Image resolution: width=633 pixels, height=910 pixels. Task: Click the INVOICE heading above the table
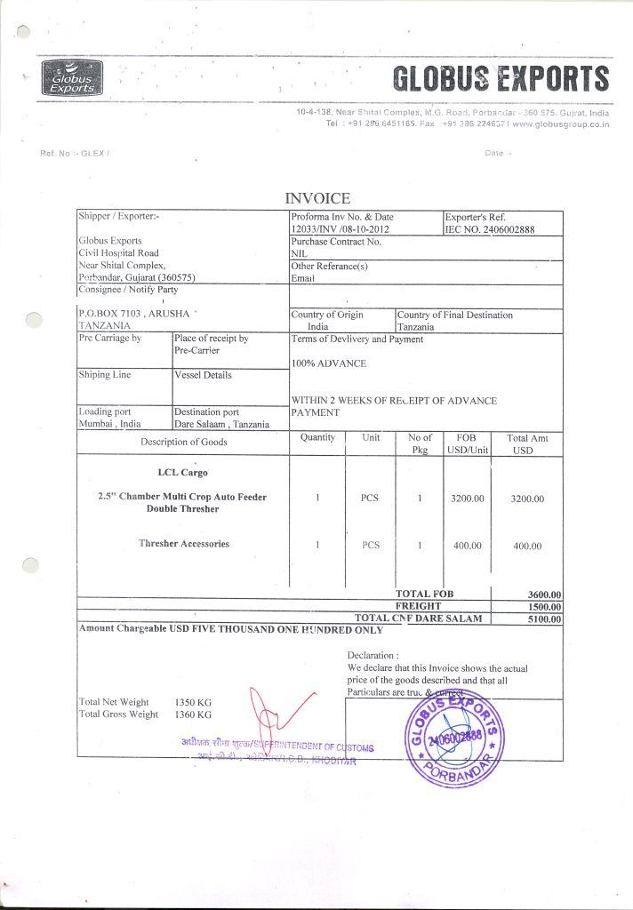coord(316,198)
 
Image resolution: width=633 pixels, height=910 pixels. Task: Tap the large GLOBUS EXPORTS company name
coord(501,79)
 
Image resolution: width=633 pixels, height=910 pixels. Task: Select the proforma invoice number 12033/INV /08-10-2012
coord(340,229)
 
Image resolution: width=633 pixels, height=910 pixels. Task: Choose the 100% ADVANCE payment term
coord(329,363)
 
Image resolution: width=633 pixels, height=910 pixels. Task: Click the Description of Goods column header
coord(183,442)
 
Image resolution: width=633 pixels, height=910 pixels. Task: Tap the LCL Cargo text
coord(182,473)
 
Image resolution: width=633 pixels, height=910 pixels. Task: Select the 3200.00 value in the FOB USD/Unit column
coord(467,499)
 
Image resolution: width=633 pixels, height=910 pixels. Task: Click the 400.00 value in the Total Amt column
coord(528,546)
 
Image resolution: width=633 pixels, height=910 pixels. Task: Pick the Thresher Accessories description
coord(183,544)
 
